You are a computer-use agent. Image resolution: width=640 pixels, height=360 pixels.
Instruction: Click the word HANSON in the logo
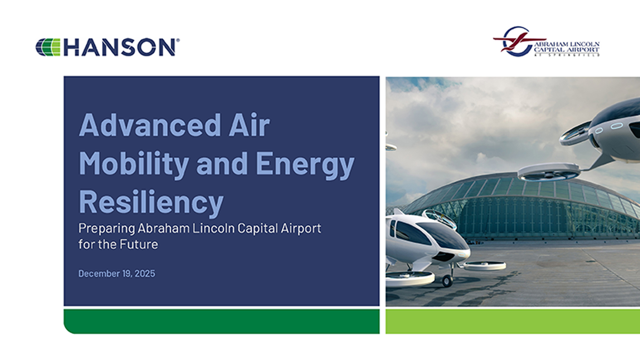coord(119,47)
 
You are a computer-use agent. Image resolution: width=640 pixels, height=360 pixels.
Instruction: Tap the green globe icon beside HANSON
coord(48,47)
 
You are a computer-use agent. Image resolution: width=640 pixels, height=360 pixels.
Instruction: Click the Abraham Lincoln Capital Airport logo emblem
coord(517,42)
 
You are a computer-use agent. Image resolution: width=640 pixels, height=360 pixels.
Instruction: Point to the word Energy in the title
coord(305,164)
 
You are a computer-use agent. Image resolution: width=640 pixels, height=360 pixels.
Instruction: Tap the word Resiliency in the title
coord(151,202)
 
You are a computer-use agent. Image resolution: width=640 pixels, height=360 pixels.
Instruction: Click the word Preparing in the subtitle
coord(107,229)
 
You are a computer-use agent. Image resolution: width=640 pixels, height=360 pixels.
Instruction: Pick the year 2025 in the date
coord(145,274)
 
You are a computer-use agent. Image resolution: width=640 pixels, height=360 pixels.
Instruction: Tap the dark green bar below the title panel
coord(222,321)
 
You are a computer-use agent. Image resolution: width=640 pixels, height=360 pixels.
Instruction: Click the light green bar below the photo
coord(513,321)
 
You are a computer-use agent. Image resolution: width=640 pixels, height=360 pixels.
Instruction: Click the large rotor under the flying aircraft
coord(548,172)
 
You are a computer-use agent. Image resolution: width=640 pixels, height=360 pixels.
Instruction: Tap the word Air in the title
coord(249,125)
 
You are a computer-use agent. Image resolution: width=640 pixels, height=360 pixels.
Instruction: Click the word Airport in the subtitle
coord(301,228)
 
